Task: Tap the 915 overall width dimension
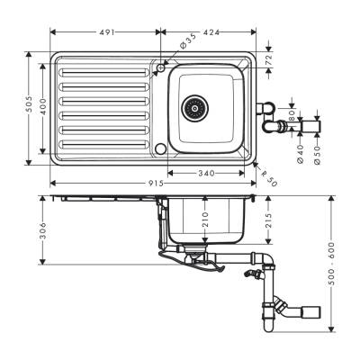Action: click(x=156, y=184)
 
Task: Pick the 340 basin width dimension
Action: click(x=207, y=172)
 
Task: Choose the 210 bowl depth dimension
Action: click(x=204, y=220)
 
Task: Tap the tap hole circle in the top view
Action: click(x=161, y=66)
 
